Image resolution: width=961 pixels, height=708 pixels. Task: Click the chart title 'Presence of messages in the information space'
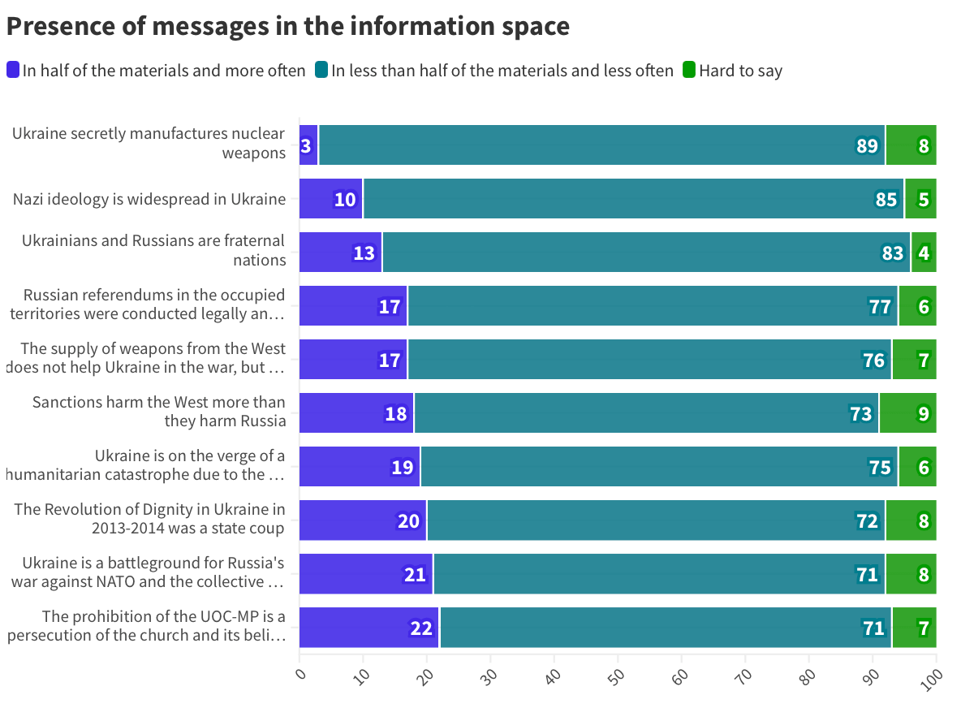[x=287, y=26]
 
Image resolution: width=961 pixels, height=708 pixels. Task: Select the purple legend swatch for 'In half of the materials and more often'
[x=13, y=70]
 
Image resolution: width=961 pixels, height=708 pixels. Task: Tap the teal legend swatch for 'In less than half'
[x=321, y=70]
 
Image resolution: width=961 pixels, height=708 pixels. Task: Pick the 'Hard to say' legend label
[x=740, y=71]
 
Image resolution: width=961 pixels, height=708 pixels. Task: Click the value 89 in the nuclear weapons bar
[x=867, y=146]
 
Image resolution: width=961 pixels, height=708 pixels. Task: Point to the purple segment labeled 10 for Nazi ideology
[x=331, y=199]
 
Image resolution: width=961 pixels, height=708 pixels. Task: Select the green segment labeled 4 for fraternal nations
[x=924, y=253]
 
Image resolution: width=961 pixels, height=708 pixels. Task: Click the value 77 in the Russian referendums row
[x=880, y=306]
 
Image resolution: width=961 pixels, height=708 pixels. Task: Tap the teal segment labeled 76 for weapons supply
[x=649, y=360]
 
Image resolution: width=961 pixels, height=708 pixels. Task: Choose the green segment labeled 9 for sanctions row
[x=907, y=413]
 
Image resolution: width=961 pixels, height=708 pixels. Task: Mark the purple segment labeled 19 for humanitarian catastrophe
[x=360, y=467]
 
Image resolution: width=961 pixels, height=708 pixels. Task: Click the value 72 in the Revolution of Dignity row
[x=867, y=520]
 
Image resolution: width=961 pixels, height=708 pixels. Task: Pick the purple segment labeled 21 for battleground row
[x=366, y=574]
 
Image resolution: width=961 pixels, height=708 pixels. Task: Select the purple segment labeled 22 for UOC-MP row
[x=369, y=628]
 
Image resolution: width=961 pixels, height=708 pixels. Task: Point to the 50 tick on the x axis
[x=616, y=676]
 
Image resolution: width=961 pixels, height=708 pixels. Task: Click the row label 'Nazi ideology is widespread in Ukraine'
[x=149, y=199]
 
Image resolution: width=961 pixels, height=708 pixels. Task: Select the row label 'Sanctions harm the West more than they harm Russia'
[x=159, y=412]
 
